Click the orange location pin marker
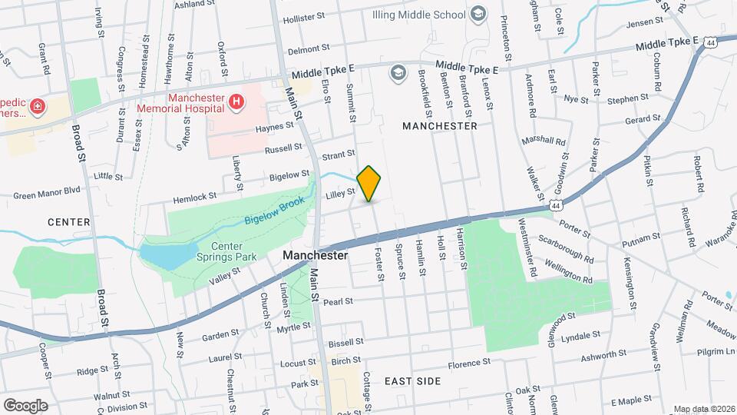point(369,183)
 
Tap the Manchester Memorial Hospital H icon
point(236,101)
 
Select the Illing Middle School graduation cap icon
point(478,14)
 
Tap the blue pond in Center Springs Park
point(163,254)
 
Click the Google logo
point(25,404)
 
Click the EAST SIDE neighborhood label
point(413,381)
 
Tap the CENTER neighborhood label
point(69,222)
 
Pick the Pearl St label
point(338,301)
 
